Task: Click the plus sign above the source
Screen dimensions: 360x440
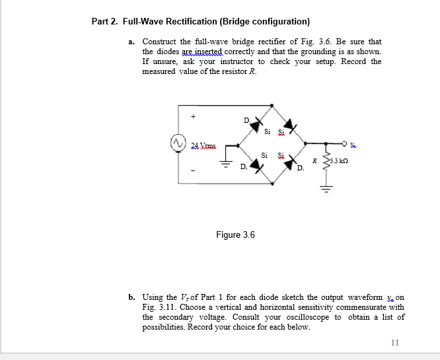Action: (194, 118)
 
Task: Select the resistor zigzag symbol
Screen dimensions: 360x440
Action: (326, 162)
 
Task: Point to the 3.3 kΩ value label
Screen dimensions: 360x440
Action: (339, 161)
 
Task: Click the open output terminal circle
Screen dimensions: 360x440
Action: (346, 142)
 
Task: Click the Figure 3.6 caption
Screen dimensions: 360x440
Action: (235, 234)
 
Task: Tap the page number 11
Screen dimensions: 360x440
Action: (395, 342)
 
